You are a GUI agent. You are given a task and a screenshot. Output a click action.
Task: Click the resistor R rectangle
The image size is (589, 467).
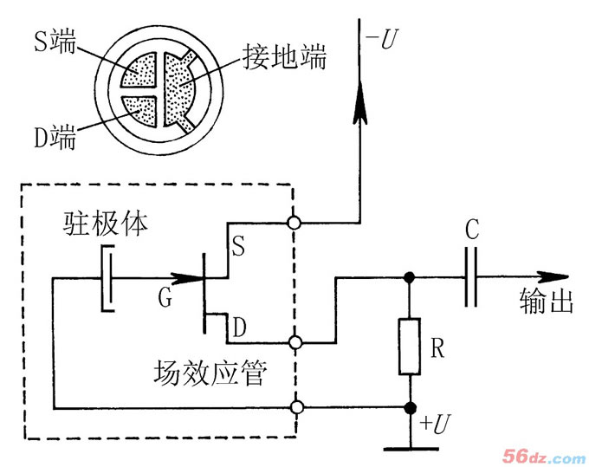click(x=409, y=347)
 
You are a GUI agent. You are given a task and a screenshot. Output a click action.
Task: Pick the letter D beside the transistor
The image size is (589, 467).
click(x=240, y=327)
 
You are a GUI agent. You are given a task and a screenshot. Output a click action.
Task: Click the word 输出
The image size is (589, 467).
click(x=547, y=303)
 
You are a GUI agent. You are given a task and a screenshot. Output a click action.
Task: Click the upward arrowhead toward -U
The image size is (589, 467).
click(x=358, y=103)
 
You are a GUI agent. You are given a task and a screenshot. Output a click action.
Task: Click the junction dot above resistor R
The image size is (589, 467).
click(x=409, y=278)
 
